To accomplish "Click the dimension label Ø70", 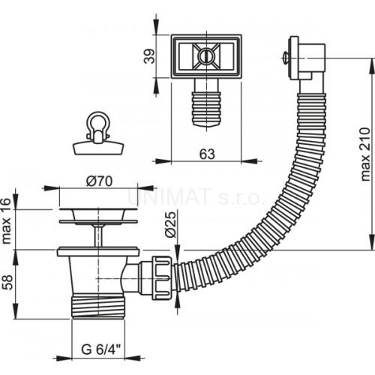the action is pyautogui.click(x=99, y=181).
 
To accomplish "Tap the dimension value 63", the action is pyautogui.click(x=207, y=154).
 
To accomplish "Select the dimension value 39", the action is pyautogui.click(x=150, y=56).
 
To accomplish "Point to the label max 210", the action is pyautogui.click(x=365, y=154).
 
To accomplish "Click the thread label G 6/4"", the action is pyautogui.click(x=100, y=349).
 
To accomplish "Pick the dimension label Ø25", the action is pyautogui.click(x=170, y=224).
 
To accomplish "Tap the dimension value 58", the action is pyautogui.click(x=7, y=282).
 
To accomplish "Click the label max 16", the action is pyautogui.click(x=6, y=220).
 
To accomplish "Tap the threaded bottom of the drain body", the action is pyautogui.click(x=98, y=307).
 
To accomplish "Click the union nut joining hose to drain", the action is pyautogui.click(x=161, y=277).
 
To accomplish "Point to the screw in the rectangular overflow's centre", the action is pyautogui.click(x=206, y=56).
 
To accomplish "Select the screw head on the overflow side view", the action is pyautogui.click(x=285, y=58).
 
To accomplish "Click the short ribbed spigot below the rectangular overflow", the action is pyautogui.click(x=206, y=109).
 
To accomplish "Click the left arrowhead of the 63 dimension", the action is pyautogui.click(x=163, y=161).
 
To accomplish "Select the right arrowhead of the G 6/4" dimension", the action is pyautogui.click(x=132, y=358).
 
